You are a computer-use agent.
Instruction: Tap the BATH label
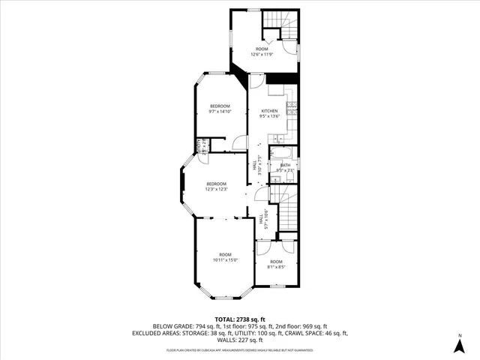click(285, 165)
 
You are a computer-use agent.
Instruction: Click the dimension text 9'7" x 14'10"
click(220, 111)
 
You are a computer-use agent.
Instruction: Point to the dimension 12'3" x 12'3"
click(216, 189)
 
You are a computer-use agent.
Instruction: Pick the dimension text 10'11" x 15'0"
click(226, 260)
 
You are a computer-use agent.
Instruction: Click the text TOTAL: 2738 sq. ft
click(240, 319)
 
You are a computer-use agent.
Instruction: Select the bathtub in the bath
click(282, 154)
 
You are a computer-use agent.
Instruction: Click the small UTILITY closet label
click(200, 145)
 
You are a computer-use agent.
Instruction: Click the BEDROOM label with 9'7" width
click(220, 106)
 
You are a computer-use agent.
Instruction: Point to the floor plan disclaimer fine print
click(240, 349)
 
